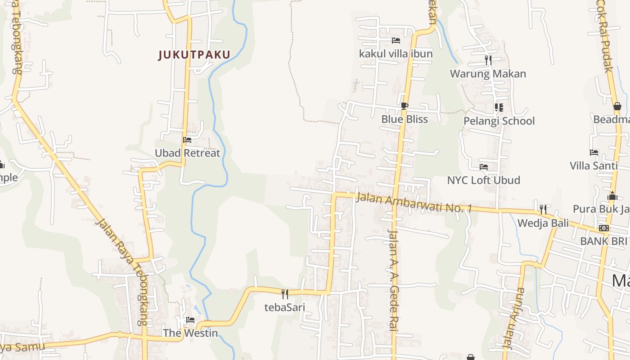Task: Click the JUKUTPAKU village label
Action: coord(194,55)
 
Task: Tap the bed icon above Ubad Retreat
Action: coord(187,140)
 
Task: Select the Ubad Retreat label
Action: coord(188,153)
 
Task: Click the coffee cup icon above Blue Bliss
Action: coord(404,106)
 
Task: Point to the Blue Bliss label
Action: coord(405,119)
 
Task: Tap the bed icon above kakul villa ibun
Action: coord(396,40)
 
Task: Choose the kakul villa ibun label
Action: coord(396,54)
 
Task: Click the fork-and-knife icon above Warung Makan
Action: coord(488,60)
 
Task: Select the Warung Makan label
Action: coord(488,74)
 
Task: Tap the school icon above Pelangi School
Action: coord(499,108)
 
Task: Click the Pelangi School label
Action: coord(499,121)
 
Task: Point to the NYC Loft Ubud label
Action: coord(484,180)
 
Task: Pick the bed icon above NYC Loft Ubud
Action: coord(484,167)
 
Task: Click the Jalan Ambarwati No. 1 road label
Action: coord(414,203)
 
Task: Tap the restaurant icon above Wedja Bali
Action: coord(543,209)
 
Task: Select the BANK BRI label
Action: coord(603,241)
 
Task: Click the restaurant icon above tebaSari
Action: coord(284,294)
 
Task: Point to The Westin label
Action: coord(190,333)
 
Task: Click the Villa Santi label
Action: coord(594,166)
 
